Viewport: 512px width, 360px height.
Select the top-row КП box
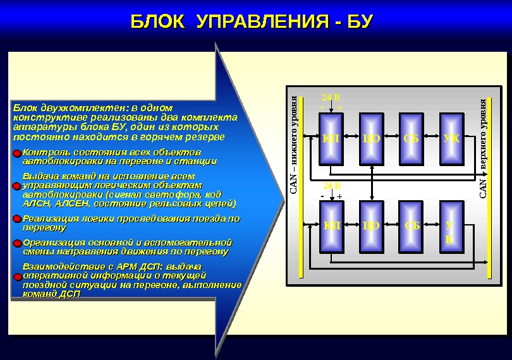pos(331,138)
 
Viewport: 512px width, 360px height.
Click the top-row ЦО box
pos(372,138)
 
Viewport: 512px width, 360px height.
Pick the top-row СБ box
pos(411,138)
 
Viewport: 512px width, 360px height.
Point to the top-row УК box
pos(452,138)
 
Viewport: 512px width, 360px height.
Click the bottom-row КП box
pos(331,225)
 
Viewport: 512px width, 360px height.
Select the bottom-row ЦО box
pos(372,225)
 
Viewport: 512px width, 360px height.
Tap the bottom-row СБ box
pos(411,225)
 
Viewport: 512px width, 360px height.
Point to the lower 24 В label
pos(331,186)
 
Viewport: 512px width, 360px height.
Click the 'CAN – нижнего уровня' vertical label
pos(293,146)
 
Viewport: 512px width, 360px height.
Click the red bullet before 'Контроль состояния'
pos(16,153)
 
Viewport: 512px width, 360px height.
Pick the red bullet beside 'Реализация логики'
pos(16,219)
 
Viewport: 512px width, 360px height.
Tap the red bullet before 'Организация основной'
pos(16,244)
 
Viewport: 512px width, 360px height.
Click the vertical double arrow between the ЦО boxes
pos(372,182)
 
